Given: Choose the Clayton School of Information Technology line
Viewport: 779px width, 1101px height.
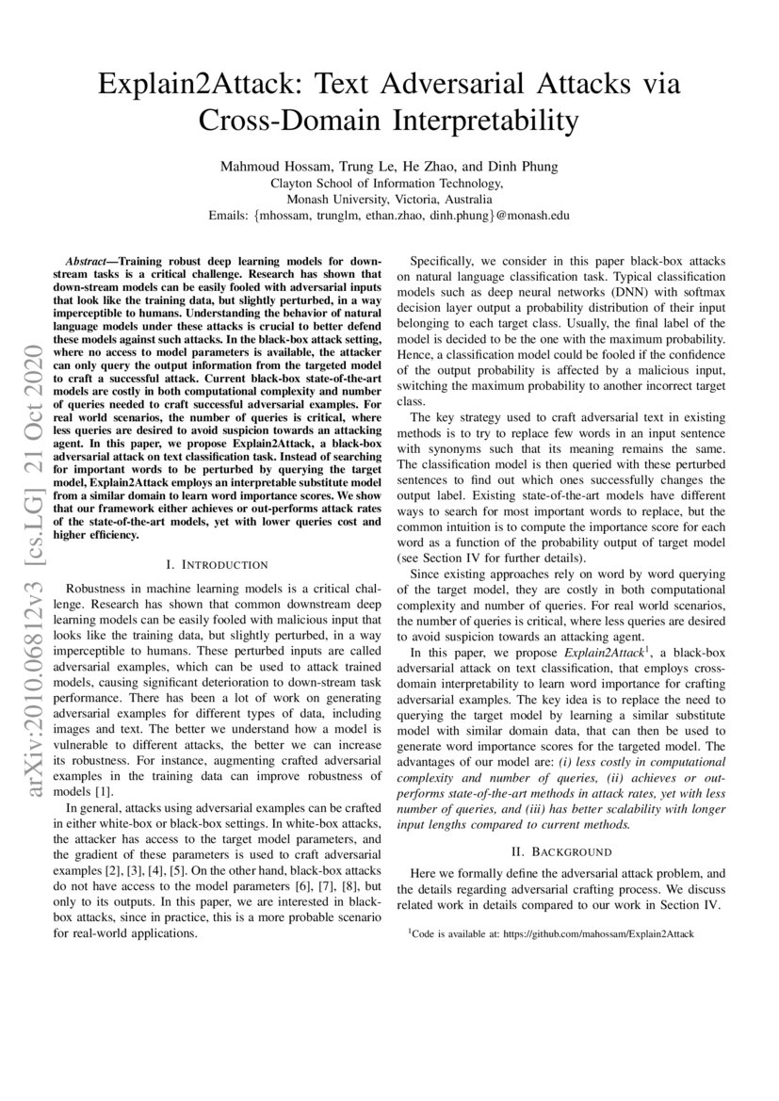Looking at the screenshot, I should pos(388,184).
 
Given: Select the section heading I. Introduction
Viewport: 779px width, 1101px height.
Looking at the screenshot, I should pos(217,564).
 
